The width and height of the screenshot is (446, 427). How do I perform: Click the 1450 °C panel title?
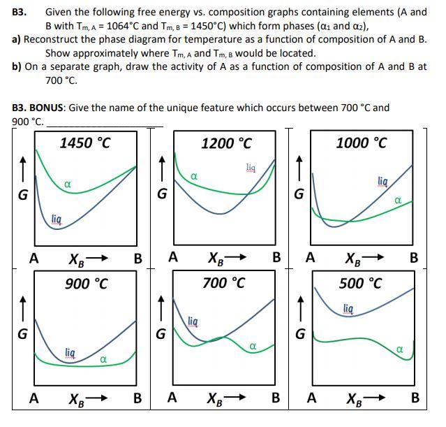coord(84,143)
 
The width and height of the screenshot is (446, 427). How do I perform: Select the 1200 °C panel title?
coord(226,143)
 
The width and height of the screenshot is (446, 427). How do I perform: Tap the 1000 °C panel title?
coord(361,143)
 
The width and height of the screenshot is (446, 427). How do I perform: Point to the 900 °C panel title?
coord(86,284)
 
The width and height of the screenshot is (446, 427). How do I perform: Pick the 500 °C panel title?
coord(361,284)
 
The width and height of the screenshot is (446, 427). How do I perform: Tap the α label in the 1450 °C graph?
coord(67,183)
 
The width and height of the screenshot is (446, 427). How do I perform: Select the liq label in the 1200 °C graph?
coord(251,167)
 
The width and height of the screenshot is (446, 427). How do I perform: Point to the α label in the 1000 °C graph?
coord(397,201)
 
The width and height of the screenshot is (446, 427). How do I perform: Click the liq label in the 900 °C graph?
coord(70,351)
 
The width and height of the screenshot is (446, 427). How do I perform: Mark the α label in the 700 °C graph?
coord(253,345)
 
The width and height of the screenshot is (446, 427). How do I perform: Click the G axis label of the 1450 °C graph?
coord(23,195)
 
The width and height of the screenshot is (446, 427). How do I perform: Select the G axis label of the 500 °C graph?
coord(299,333)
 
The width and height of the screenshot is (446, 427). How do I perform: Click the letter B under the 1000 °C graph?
coord(414,257)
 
